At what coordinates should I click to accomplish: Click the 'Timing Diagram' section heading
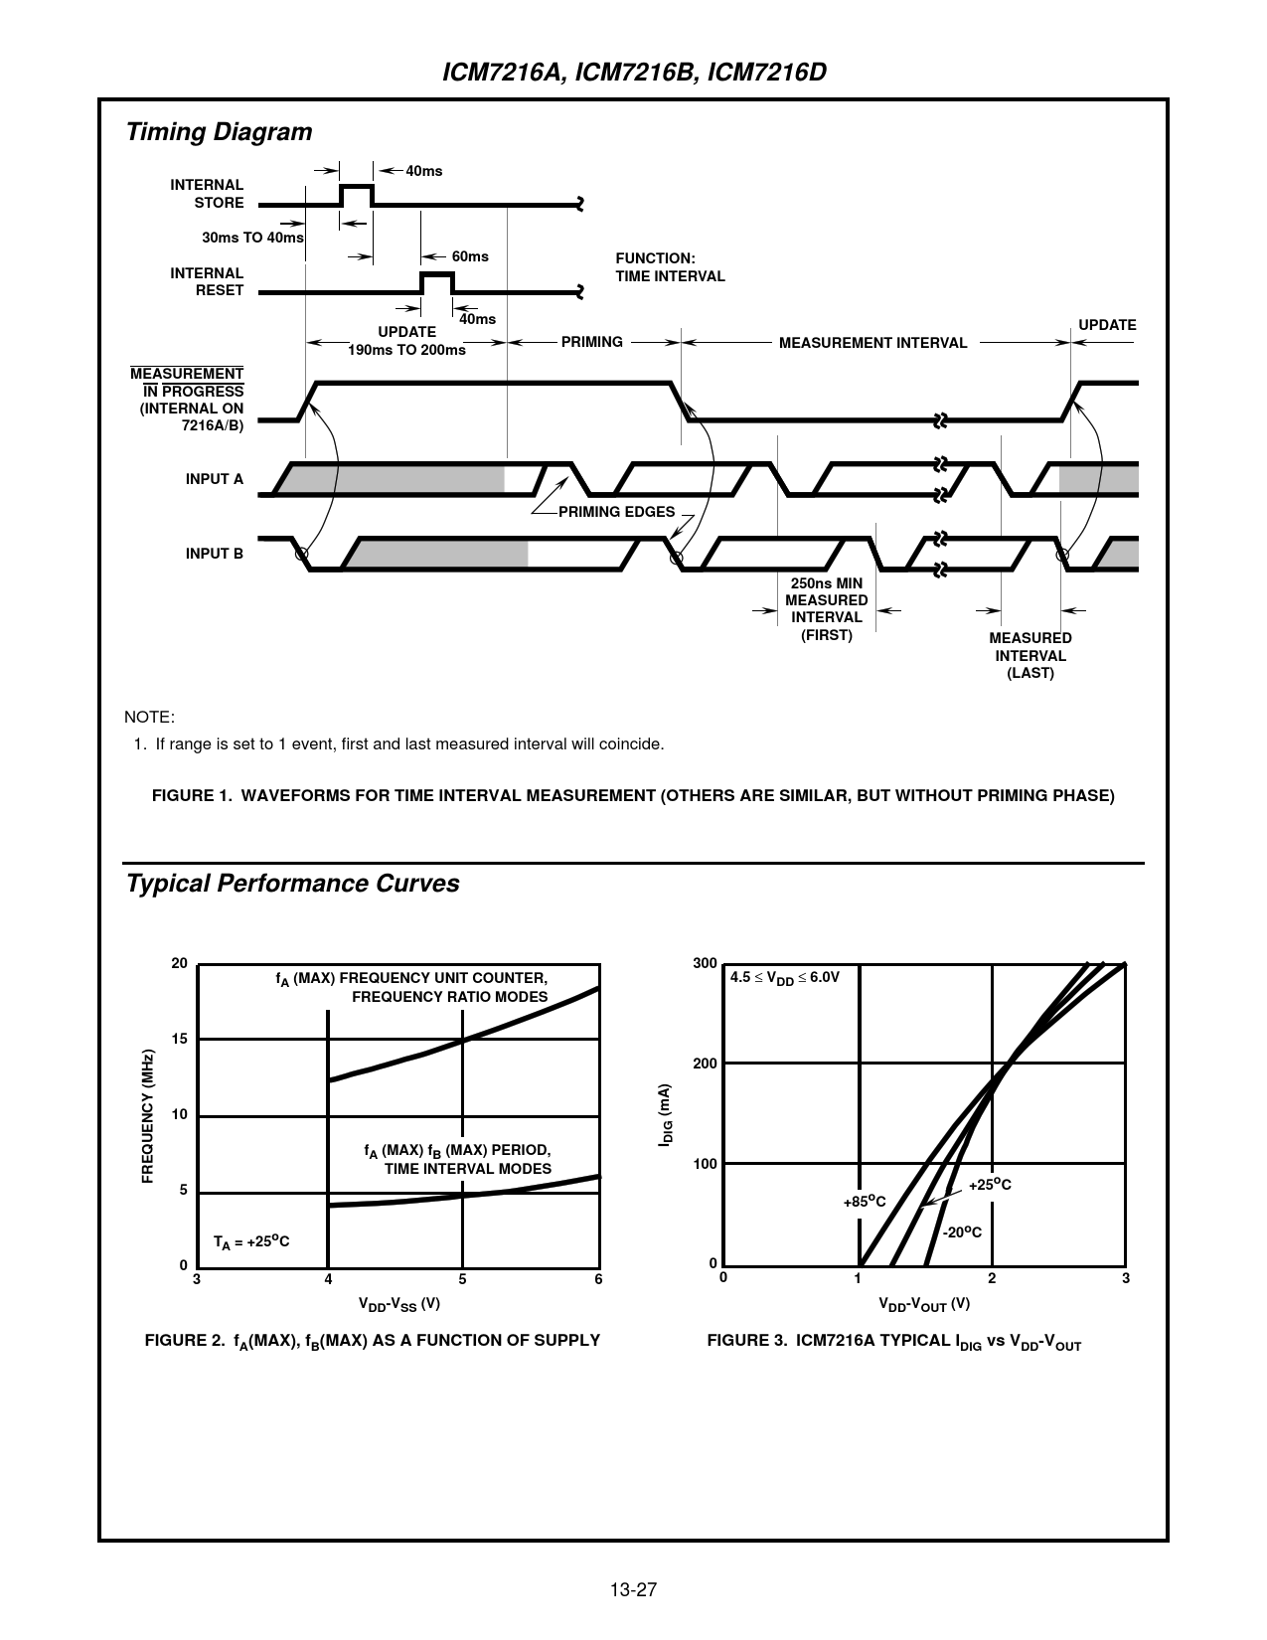pyautogui.click(x=219, y=132)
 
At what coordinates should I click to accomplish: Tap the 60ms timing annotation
pyautogui.click(x=470, y=256)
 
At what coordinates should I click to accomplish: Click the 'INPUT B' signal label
pyautogui.click(x=214, y=554)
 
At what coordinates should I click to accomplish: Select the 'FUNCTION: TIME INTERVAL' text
pyautogui.click(x=670, y=267)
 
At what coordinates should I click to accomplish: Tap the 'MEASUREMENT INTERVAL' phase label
pyautogui.click(x=872, y=343)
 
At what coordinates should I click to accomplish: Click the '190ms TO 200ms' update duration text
pyautogui.click(x=406, y=350)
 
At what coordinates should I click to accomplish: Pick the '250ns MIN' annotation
pyautogui.click(x=826, y=582)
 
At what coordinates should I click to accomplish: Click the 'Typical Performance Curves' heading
pyautogui.click(x=292, y=884)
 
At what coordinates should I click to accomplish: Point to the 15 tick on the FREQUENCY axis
pyautogui.click(x=179, y=1039)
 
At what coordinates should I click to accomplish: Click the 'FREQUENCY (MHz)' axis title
pyautogui.click(x=148, y=1116)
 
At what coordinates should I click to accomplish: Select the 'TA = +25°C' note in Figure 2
pyautogui.click(x=251, y=1241)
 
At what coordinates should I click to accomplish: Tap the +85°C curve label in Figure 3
pyautogui.click(x=864, y=1202)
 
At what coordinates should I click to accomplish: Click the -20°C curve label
pyautogui.click(x=961, y=1231)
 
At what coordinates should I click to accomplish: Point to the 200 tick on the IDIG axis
pyautogui.click(x=705, y=1064)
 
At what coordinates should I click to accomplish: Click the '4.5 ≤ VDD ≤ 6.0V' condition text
pyautogui.click(x=785, y=978)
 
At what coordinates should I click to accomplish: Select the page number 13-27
pyautogui.click(x=633, y=1589)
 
